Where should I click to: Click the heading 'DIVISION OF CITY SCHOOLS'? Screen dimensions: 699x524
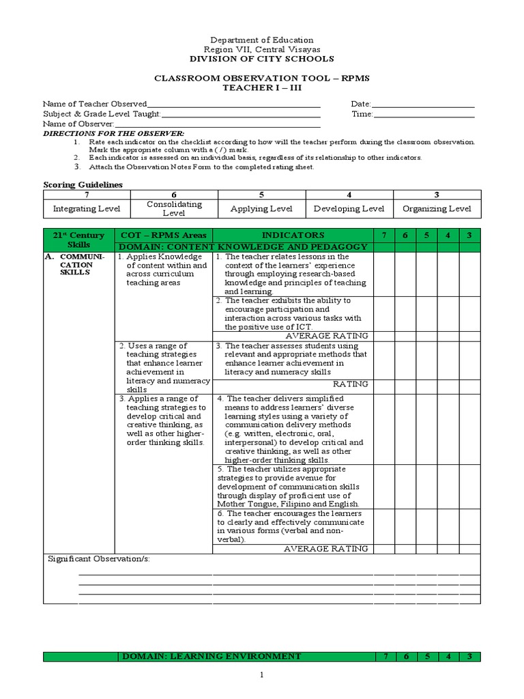(261, 59)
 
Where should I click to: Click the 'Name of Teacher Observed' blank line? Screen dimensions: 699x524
(233, 104)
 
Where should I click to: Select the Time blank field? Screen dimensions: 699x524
(424, 114)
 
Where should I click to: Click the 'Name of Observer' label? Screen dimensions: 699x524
(78, 124)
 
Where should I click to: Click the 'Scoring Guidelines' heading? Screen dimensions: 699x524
(83, 184)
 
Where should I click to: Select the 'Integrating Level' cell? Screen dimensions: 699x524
(86, 209)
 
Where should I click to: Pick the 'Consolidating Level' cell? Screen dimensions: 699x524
(174, 209)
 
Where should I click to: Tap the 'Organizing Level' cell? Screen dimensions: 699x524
(437, 209)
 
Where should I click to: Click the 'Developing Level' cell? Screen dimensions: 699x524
(349, 209)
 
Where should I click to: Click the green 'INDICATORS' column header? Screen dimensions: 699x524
(293, 235)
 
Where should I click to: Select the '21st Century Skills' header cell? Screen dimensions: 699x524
(78, 240)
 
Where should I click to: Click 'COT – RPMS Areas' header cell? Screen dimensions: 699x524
(163, 235)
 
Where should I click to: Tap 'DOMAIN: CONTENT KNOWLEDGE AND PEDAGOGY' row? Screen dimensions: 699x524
(244, 246)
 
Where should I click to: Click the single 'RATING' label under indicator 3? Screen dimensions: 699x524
(350, 384)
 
